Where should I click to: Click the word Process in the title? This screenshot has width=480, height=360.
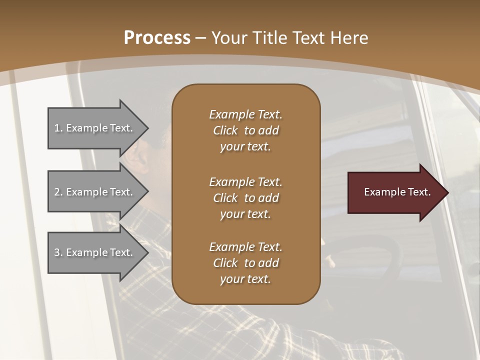click(x=157, y=37)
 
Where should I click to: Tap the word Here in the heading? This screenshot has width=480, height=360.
click(x=349, y=37)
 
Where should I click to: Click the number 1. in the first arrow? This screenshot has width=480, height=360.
click(x=58, y=128)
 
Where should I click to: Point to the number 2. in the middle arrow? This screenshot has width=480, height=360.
click(x=58, y=192)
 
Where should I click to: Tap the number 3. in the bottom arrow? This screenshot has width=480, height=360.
click(x=58, y=252)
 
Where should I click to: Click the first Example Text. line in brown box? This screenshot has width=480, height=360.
click(x=245, y=114)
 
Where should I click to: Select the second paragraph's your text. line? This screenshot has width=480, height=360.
click(x=245, y=214)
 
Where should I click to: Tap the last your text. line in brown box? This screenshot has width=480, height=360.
click(x=245, y=279)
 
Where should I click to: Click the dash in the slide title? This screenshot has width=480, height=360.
click(x=201, y=37)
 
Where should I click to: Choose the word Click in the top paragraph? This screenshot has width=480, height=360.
click(x=225, y=130)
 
